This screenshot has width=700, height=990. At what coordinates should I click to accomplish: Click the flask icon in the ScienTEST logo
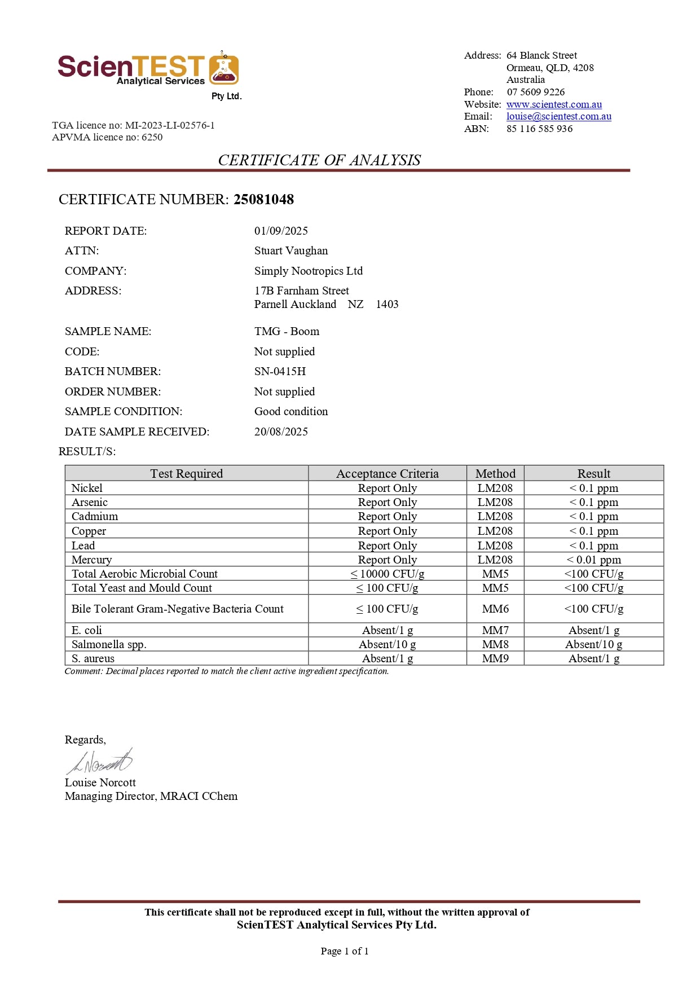[224, 69]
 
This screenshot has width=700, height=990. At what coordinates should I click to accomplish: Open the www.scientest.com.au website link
[553, 104]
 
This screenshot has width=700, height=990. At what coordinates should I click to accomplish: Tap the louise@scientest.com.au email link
[558, 116]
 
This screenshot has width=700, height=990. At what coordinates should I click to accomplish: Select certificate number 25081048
[263, 200]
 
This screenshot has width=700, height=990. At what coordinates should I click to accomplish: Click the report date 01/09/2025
[281, 231]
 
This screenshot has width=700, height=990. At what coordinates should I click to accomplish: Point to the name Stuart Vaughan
[290, 250]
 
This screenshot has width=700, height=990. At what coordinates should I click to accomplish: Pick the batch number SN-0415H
[280, 371]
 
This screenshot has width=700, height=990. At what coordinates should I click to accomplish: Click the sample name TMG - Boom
[287, 331]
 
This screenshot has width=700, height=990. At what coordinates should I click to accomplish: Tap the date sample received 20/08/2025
[281, 432]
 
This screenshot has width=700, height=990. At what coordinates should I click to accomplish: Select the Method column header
[495, 473]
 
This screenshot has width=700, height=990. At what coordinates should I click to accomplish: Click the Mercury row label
[91, 560]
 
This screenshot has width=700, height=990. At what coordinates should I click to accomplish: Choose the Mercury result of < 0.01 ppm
[593, 560]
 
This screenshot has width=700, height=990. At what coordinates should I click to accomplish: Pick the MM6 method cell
[495, 609]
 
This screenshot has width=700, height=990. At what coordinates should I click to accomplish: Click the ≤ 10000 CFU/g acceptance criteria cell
[387, 574]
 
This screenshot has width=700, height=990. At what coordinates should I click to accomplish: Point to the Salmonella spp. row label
[109, 644]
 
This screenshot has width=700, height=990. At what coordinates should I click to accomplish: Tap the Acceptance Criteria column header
[387, 473]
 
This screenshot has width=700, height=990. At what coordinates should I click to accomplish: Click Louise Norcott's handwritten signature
[100, 762]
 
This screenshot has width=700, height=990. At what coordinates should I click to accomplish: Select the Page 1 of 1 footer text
[344, 951]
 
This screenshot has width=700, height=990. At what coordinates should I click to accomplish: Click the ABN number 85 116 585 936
[539, 129]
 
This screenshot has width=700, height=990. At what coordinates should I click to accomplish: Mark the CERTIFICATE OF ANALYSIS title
[319, 160]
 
